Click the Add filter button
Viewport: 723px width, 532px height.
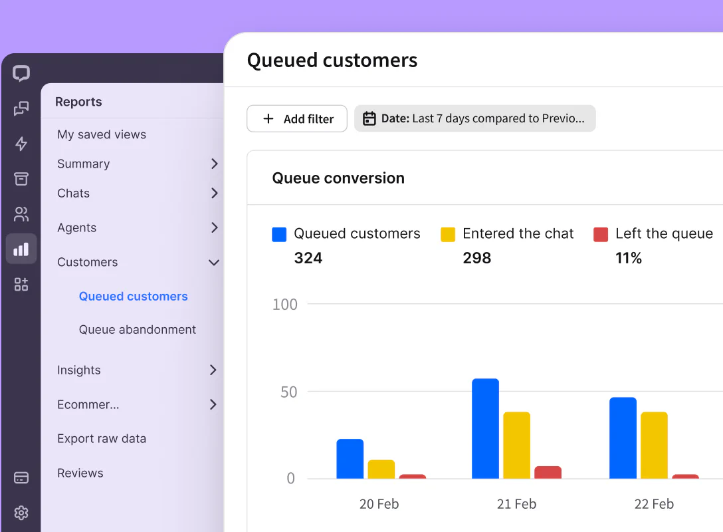(x=297, y=119)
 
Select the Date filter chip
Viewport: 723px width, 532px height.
(x=474, y=119)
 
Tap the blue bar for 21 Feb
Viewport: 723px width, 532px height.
(x=485, y=429)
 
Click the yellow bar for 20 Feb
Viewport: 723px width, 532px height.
(x=381, y=469)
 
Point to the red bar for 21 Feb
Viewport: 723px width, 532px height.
(x=548, y=472)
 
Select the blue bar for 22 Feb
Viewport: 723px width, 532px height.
(x=623, y=438)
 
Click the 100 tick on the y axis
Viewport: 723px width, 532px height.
(x=285, y=305)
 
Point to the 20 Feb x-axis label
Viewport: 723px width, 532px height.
(x=379, y=504)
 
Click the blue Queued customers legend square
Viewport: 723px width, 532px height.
(x=279, y=234)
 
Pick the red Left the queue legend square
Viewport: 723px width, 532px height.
(x=601, y=234)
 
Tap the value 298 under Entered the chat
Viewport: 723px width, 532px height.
(x=476, y=258)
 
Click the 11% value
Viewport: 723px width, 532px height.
(x=628, y=258)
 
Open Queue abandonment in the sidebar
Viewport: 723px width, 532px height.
(x=137, y=330)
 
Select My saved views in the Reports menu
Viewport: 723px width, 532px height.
(x=102, y=134)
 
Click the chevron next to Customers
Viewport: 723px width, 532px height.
(x=214, y=263)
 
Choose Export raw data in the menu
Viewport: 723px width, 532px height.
(x=102, y=439)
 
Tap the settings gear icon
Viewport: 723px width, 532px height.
(x=21, y=513)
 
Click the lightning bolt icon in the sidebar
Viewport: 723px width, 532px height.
(x=21, y=144)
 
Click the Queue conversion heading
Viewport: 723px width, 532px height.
(x=338, y=178)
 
